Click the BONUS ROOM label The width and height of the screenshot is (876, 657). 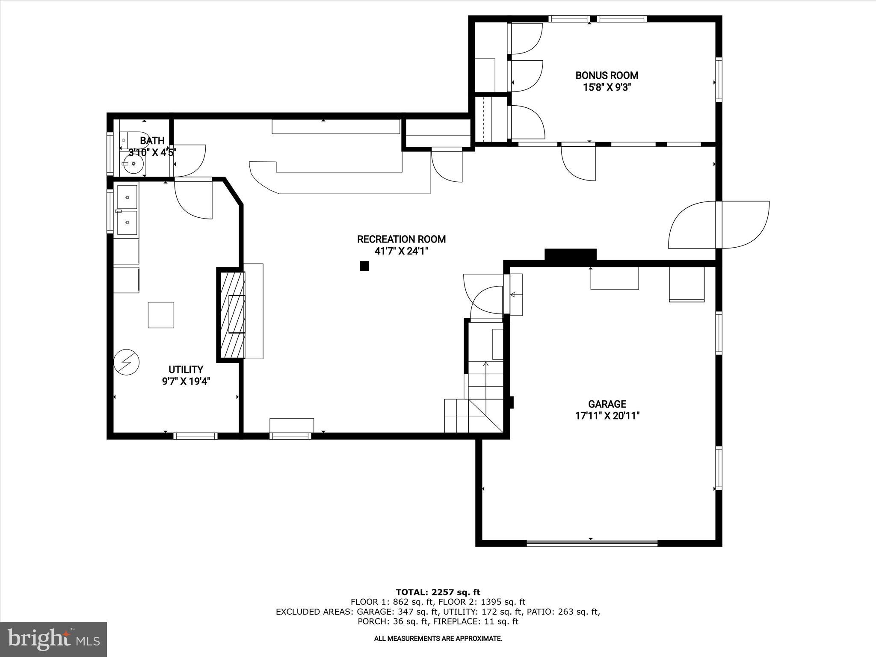(x=607, y=76)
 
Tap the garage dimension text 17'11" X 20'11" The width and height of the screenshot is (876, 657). (x=607, y=415)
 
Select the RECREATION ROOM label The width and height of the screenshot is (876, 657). (x=401, y=239)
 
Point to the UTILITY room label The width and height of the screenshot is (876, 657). (x=186, y=370)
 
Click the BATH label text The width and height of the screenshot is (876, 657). (x=152, y=141)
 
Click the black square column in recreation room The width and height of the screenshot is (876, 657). (x=364, y=266)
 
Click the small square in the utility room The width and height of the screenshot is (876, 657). (x=161, y=315)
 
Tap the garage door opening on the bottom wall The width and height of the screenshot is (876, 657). (x=592, y=543)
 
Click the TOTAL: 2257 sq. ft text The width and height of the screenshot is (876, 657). (x=438, y=592)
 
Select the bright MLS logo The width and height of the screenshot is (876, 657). (x=53, y=639)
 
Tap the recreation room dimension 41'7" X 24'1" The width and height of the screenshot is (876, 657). (x=401, y=251)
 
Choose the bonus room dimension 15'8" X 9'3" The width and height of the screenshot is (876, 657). (x=607, y=88)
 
